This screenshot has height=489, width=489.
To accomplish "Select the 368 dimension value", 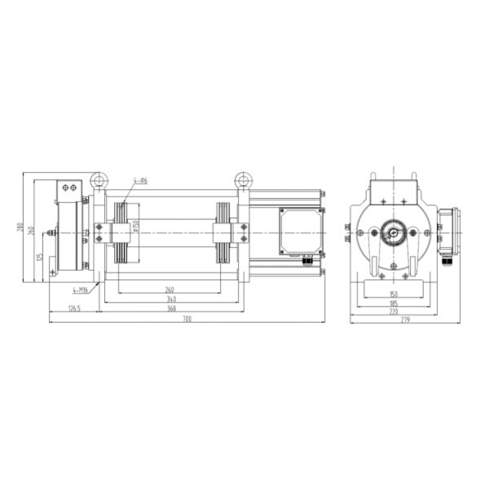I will click(171, 308).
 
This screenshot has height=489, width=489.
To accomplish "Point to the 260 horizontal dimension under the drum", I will click(169, 289).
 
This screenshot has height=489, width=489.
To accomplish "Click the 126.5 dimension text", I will click(74, 308).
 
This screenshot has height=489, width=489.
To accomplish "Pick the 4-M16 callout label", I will click(81, 289).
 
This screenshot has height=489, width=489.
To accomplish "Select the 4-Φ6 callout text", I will click(140, 181).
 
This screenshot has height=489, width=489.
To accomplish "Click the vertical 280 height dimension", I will click(20, 227).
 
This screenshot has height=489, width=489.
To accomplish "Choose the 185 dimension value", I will click(394, 301).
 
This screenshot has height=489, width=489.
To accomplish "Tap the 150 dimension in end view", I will click(394, 293).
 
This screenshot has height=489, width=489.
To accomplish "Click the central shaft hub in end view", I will click(394, 233).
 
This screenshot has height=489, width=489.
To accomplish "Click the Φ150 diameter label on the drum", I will click(137, 229).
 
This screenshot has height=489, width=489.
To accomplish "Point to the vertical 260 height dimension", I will click(31, 231).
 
